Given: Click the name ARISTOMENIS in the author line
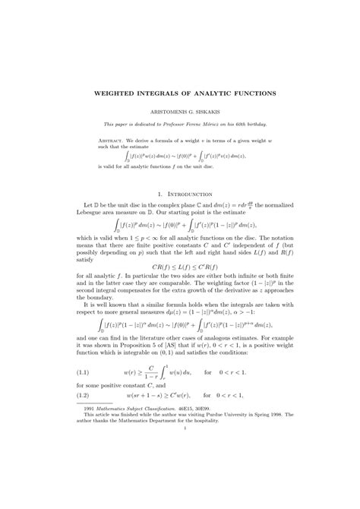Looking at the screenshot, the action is coord(160,111).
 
